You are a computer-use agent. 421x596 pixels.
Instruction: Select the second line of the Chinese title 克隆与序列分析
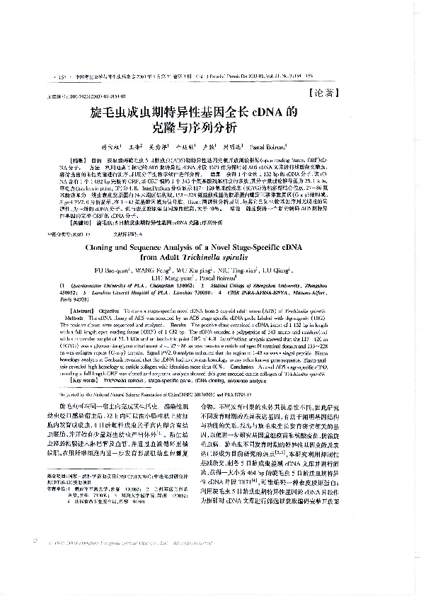(210, 130)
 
